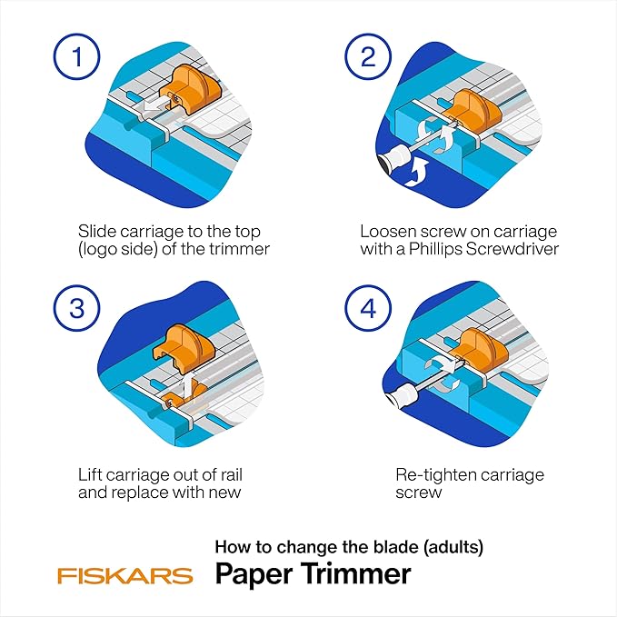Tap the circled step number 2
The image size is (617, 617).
pyautogui.click(x=367, y=60)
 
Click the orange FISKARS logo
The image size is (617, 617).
pyautogui.click(x=124, y=575)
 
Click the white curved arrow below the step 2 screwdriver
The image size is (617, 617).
pyautogui.click(x=419, y=174)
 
